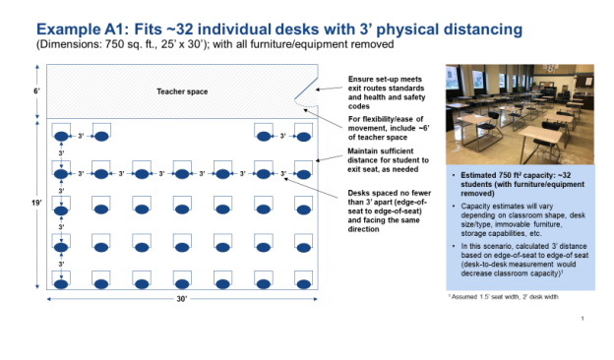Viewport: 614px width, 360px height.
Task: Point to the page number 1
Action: pyautogui.click(x=583, y=319)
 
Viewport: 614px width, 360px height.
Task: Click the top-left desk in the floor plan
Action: pyautogui.click(x=62, y=133)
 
